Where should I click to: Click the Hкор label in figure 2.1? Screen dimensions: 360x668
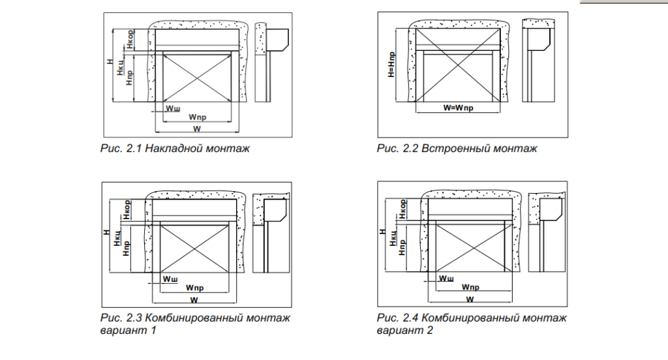click(x=130, y=38)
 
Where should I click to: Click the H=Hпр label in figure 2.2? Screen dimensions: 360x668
click(x=390, y=65)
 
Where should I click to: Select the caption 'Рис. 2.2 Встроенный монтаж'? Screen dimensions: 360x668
click(x=457, y=149)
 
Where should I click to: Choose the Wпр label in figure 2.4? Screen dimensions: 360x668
click(x=470, y=288)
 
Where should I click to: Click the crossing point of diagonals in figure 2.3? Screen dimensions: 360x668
click(x=195, y=248)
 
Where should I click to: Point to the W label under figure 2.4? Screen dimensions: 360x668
click(x=470, y=299)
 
